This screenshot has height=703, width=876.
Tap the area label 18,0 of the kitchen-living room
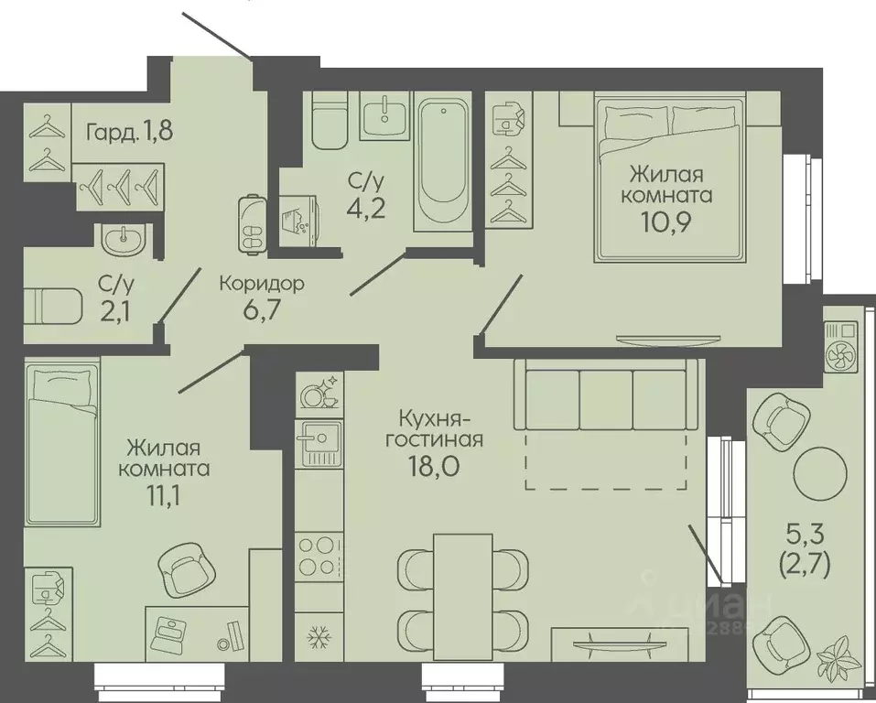click(434, 464)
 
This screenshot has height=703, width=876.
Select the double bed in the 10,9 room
click(670, 177)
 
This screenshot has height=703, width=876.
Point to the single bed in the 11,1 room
click(62, 441)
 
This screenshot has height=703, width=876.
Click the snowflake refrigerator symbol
click(319, 636)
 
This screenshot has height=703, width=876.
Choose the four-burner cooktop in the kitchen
click(319, 556)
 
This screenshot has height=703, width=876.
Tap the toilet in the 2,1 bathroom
click(53, 305)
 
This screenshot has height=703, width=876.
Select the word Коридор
click(262, 284)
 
